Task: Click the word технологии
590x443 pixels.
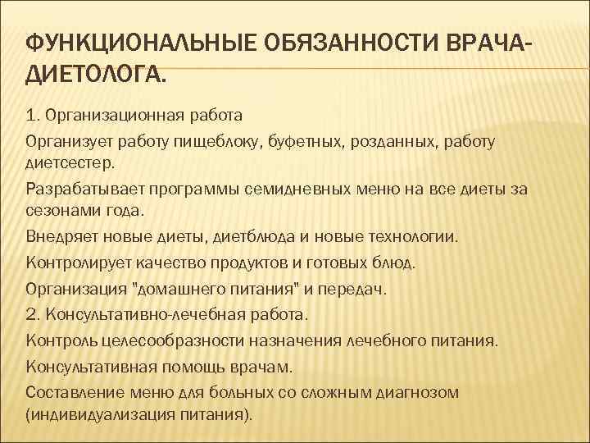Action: click(415, 237)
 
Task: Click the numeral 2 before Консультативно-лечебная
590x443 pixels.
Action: click(30, 314)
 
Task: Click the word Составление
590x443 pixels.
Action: click(70, 391)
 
